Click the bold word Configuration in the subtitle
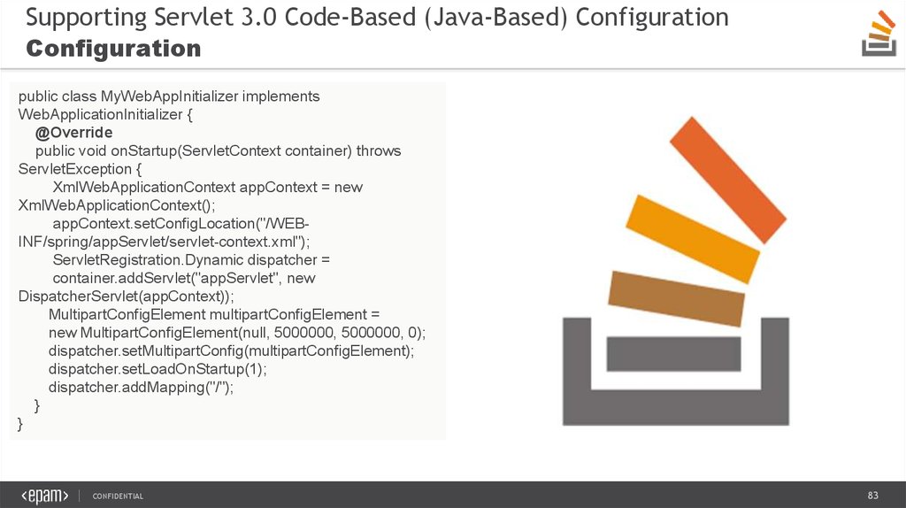(113, 50)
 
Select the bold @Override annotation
(74, 133)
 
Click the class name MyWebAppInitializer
(169, 96)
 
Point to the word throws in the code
(379, 150)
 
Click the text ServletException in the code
(75, 169)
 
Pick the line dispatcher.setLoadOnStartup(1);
(157, 369)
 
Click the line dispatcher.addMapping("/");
(141, 388)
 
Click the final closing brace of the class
(20, 424)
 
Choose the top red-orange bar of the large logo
(728, 180)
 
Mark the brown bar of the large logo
(676, 298)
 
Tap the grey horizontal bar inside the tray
(673, 354)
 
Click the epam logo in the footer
(45, 496)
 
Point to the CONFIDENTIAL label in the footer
(118, 496)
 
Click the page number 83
(872, 496)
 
